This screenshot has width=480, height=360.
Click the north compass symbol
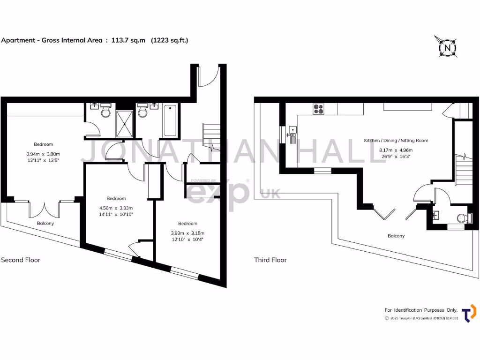point(448,47)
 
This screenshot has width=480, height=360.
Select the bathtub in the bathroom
point(170,120)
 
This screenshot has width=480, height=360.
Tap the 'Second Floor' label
point(21,260)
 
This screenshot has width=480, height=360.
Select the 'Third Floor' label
point(270,260)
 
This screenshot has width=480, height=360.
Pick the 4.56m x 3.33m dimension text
point(116,208)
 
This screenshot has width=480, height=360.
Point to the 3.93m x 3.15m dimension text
point(187,233)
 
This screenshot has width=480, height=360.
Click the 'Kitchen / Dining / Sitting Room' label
point(396,140)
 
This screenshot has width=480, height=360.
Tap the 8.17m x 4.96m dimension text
point(396,150)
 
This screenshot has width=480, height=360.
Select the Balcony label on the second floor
point(45,224)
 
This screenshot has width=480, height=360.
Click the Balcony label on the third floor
point(396,236)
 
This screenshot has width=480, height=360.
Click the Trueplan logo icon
point(468,313)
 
